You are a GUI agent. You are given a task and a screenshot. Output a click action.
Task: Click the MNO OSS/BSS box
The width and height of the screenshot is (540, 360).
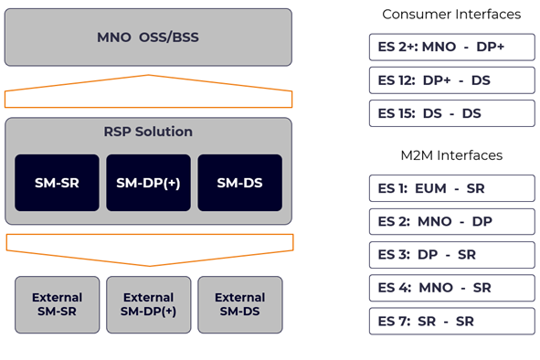[148, 37]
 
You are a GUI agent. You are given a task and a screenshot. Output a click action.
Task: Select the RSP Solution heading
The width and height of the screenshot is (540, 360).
[148, 132]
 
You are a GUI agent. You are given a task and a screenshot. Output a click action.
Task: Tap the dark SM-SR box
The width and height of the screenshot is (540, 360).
[57, 183]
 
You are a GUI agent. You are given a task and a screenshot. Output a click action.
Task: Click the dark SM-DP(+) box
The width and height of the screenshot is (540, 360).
[148, 183]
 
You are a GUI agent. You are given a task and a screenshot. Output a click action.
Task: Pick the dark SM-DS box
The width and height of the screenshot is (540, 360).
[239, 183]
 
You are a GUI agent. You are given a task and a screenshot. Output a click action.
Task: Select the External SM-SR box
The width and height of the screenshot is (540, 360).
[57, 304]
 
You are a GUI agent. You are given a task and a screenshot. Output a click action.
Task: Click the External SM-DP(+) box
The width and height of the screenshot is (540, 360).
[148, 304]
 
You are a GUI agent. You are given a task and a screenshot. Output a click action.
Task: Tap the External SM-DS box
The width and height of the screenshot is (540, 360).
[239, 304]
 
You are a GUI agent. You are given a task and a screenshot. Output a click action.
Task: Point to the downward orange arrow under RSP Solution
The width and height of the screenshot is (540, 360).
[149, 246]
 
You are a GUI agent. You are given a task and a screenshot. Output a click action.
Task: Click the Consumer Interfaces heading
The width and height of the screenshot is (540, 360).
[451, 15]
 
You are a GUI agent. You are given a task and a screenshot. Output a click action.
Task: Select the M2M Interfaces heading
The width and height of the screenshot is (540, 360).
[451, 155]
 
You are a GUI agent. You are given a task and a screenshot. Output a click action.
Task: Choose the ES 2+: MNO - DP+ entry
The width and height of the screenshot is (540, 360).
[451, 48]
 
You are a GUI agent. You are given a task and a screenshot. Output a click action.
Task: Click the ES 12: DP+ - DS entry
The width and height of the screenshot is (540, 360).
[451, 80]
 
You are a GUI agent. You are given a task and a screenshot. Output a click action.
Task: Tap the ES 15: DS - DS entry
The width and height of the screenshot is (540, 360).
[451, 113]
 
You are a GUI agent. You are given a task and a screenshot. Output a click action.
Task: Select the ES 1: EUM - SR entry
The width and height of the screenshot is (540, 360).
[451, 188]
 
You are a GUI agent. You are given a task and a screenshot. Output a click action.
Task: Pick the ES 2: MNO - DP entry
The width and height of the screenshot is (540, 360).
[451, 222]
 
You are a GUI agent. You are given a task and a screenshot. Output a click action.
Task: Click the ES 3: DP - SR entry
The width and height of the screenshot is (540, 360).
[451, 255]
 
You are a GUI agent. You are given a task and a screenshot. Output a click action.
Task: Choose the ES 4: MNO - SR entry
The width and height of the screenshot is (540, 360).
[451, 288]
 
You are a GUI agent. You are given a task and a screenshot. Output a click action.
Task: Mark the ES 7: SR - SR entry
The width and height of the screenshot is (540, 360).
[451, 322]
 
